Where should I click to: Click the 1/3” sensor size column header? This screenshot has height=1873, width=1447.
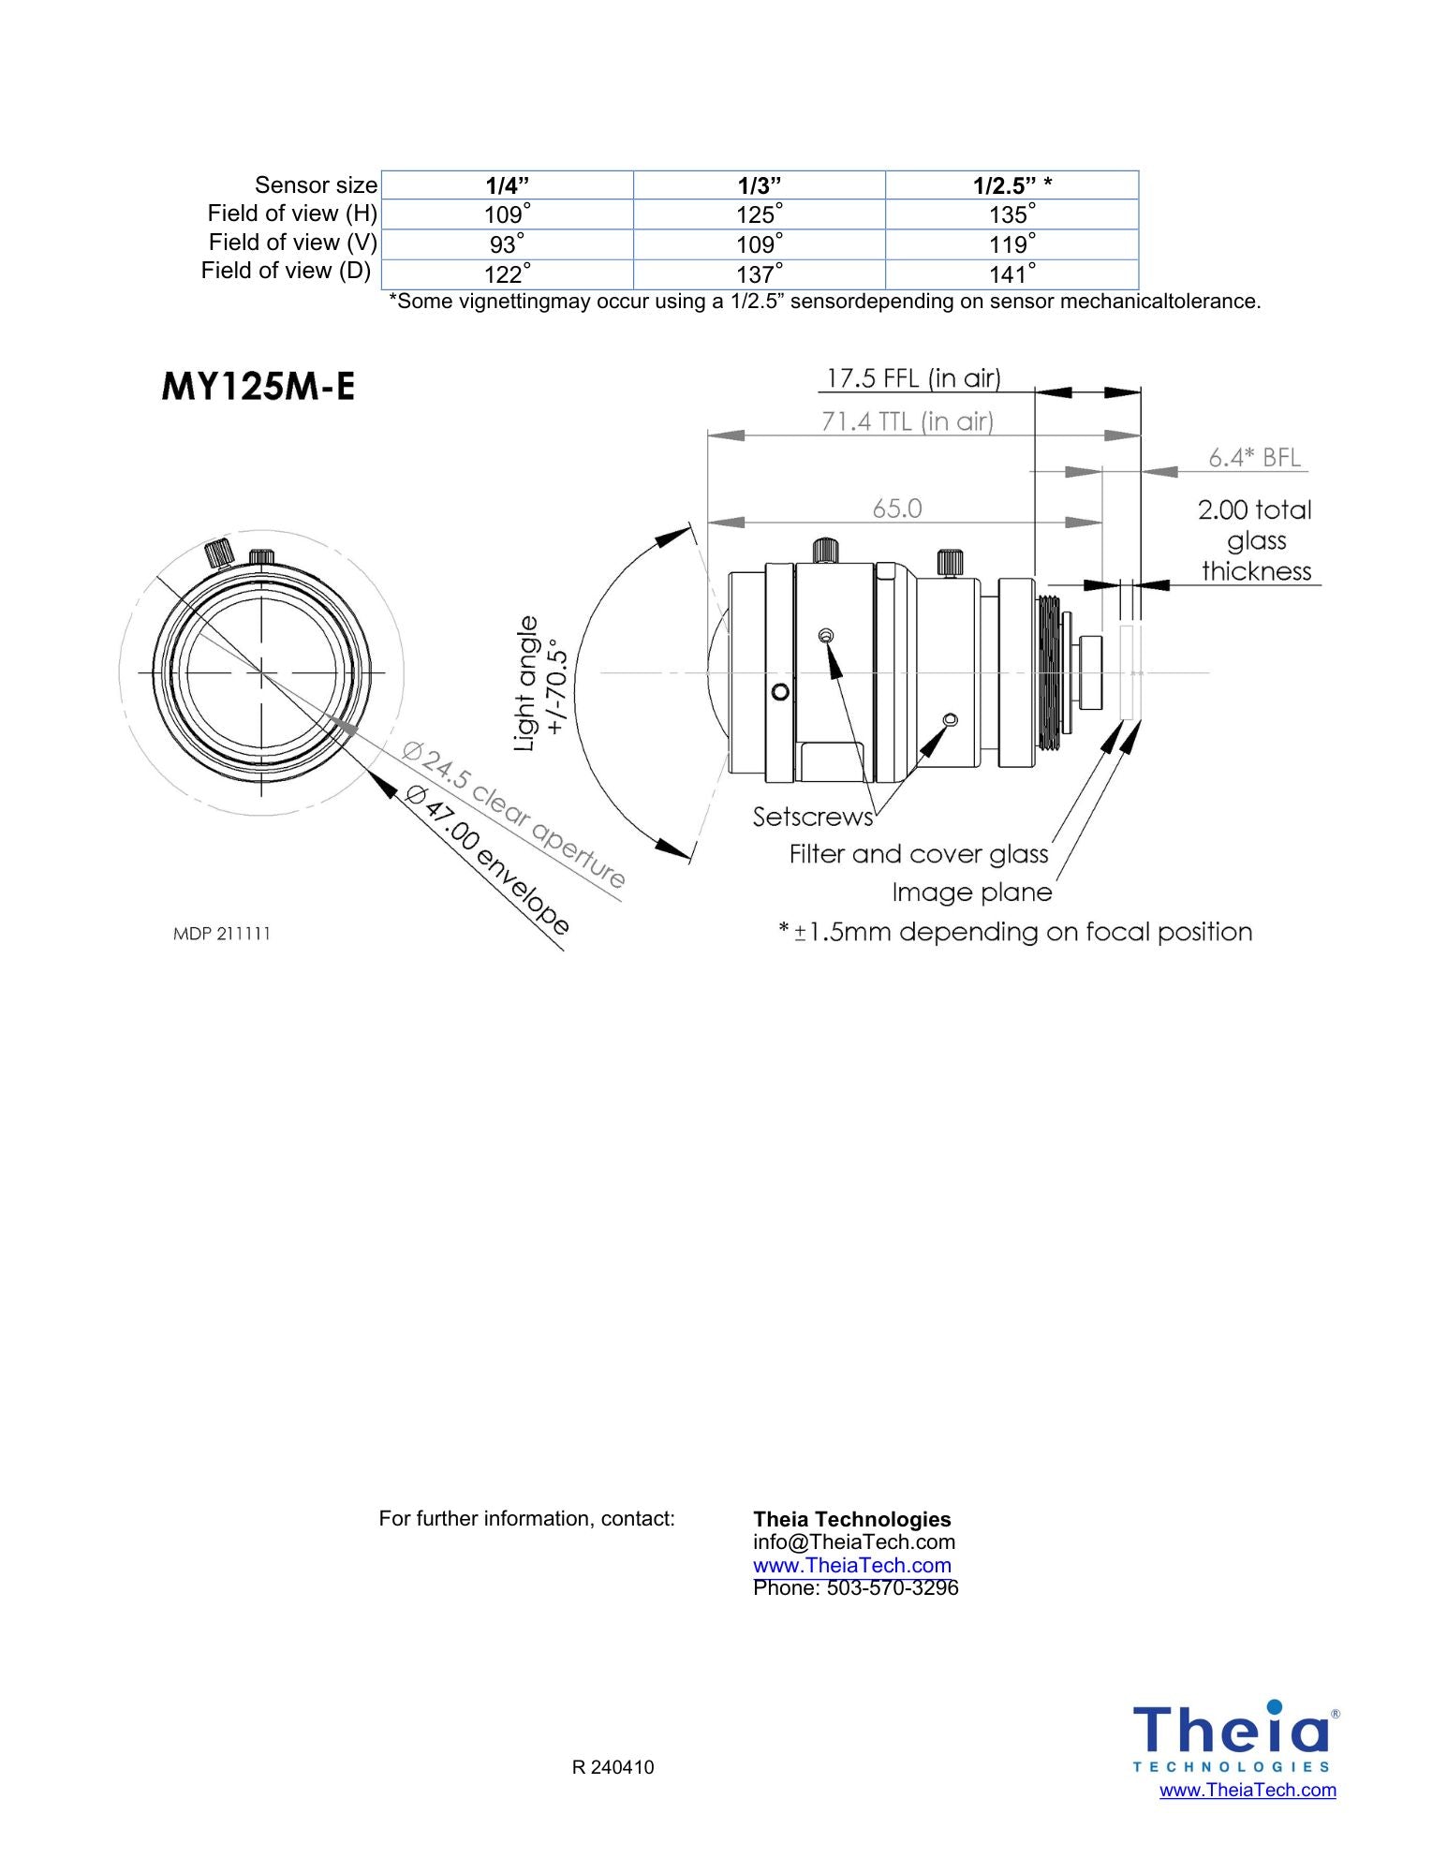pos(759,184)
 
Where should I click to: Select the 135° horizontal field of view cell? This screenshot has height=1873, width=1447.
pos(1011,214)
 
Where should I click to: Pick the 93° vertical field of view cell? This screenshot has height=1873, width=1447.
pos(507,244)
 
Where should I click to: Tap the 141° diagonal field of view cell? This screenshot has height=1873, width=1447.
pos(1011,274)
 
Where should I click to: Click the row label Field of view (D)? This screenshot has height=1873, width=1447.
pos(286,271)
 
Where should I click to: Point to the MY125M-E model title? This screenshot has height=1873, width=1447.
pos(258,386)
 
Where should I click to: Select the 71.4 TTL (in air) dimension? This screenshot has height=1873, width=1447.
pos(907,421)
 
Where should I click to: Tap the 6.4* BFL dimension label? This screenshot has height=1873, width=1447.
pos(1254,457)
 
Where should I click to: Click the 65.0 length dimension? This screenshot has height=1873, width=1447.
pos(896,509)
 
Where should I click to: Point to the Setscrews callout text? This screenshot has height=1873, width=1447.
pos(812,817)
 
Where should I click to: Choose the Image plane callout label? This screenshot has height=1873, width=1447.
pos(971,892)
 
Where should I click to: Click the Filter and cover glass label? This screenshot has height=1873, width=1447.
pos(918,854)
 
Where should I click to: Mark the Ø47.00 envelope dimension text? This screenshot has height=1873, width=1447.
pos(487,861)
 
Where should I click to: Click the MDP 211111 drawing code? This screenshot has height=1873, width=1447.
pos(222,934)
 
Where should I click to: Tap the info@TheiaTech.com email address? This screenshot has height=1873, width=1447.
pos(853,1541)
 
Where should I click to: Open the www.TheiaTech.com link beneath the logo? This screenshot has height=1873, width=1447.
pos(1247,1790)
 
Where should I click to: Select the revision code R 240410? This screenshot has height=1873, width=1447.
pos(613,1767)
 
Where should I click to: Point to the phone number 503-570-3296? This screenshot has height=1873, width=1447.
pos(892,1587)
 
